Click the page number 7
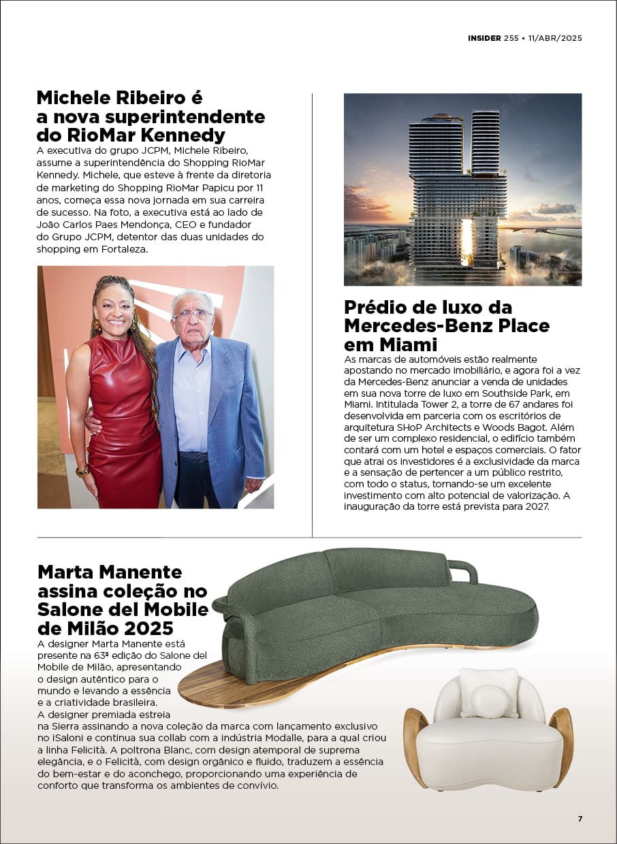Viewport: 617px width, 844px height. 580,819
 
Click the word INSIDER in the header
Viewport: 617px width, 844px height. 484,38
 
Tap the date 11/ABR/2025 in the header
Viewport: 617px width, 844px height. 555,38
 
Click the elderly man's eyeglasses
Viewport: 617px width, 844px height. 193,314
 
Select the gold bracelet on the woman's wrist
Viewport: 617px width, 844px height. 82,470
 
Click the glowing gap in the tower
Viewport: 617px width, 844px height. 467,242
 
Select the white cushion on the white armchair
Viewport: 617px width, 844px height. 488,692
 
